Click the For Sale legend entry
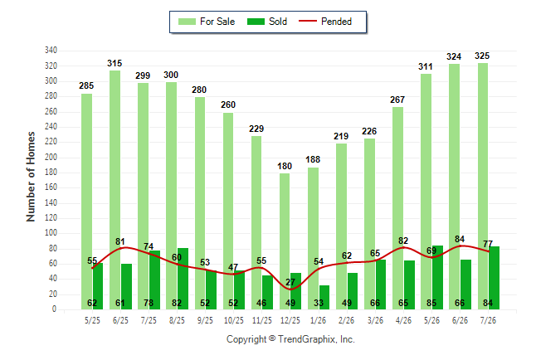click(207, 22)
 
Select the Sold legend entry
click(267, 22)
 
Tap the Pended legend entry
click(325, 22)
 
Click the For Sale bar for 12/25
click(285, 241)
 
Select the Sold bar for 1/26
click(324, 298)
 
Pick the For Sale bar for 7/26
click(483, 187)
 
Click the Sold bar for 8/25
click(183, 279)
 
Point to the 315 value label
click(115, 63)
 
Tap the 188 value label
click(313, 159)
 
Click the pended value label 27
click(290, 282)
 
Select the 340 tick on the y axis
click(51, 51)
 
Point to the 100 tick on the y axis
click(51, 233)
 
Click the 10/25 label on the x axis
click(234, 320)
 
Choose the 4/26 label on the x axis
click(403, 320)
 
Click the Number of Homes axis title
click(31, 177)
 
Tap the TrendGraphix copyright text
click(290, 339)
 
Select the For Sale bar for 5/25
click(87, 202)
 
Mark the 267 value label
click(397, 100)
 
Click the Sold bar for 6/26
click(465, 285)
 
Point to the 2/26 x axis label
click(347, 320)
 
